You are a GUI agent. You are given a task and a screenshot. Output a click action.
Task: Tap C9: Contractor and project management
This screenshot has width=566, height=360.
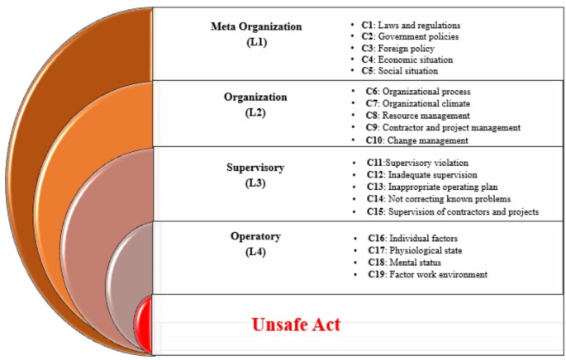click(x=444, y=128)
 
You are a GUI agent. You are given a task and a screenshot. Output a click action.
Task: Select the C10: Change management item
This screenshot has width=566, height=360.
click(x=417, y=140)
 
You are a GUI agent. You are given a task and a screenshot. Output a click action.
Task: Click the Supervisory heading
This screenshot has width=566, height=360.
click(x=255, y=167)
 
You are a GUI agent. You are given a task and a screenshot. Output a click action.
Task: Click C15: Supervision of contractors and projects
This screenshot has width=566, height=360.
click(x=454, y=212)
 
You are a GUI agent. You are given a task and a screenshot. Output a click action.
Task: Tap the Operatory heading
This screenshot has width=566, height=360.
click(x=256, y=236)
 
